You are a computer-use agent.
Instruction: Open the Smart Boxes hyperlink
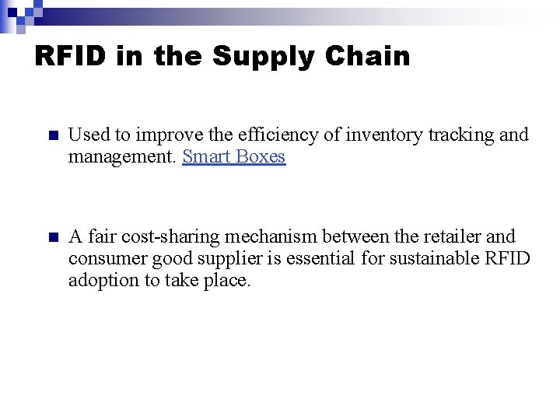233,156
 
